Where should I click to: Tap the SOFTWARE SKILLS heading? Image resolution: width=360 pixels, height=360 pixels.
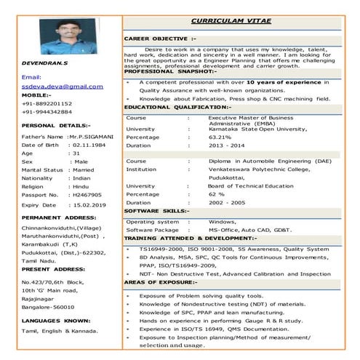pos(157,212)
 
